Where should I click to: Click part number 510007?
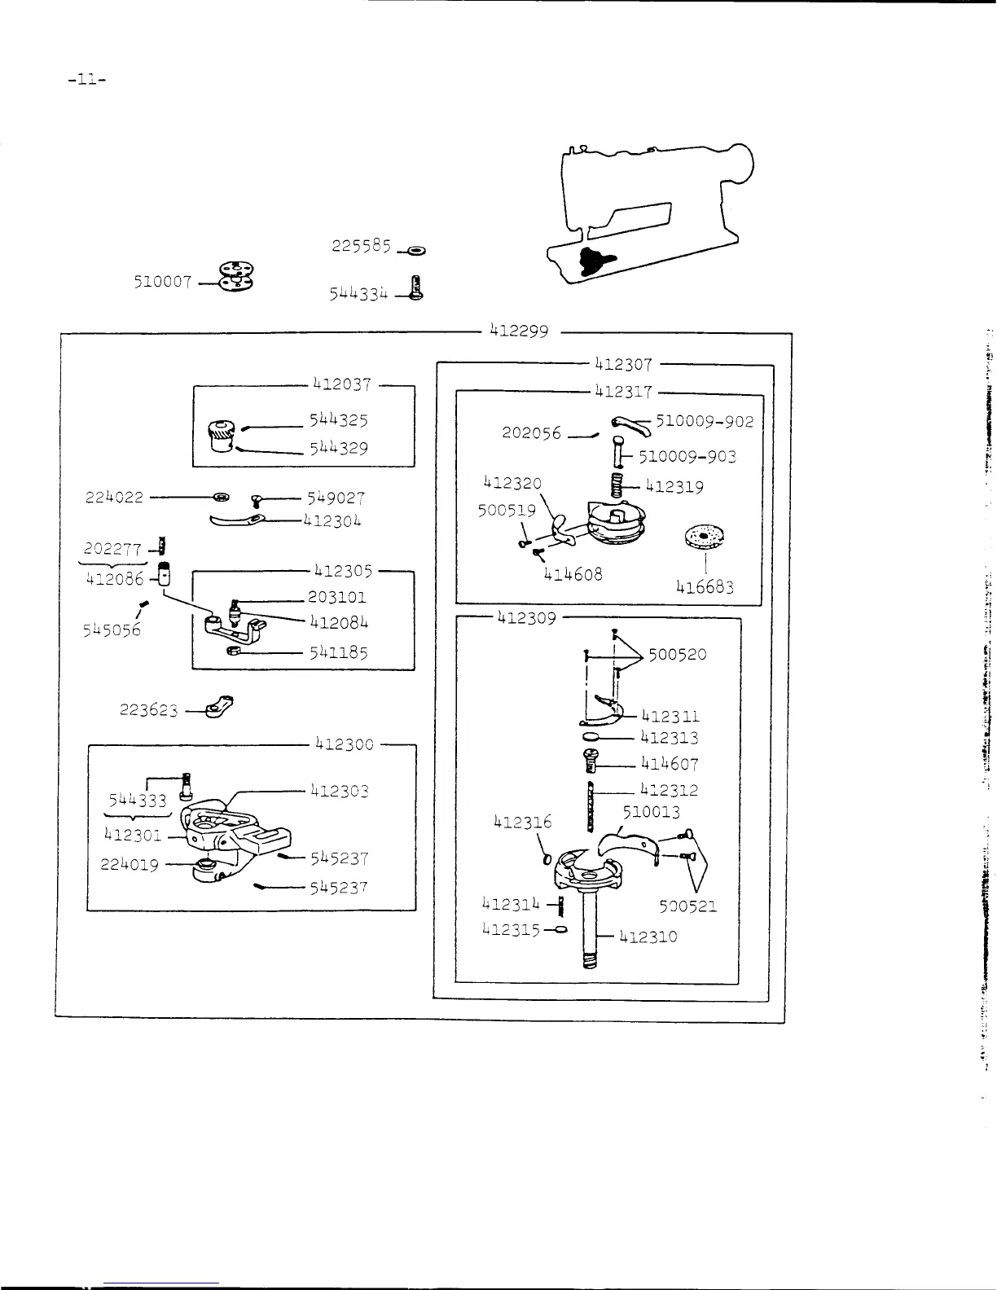163,283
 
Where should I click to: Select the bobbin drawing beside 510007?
236,277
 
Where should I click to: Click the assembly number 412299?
520,331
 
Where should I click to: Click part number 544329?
337,448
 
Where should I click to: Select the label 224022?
114,498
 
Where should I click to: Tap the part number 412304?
332,520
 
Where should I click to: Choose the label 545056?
112,630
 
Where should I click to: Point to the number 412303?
339,791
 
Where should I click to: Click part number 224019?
130,865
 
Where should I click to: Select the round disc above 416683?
705,536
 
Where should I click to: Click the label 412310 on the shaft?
648,937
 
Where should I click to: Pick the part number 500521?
688,906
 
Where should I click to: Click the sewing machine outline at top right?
652,212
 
